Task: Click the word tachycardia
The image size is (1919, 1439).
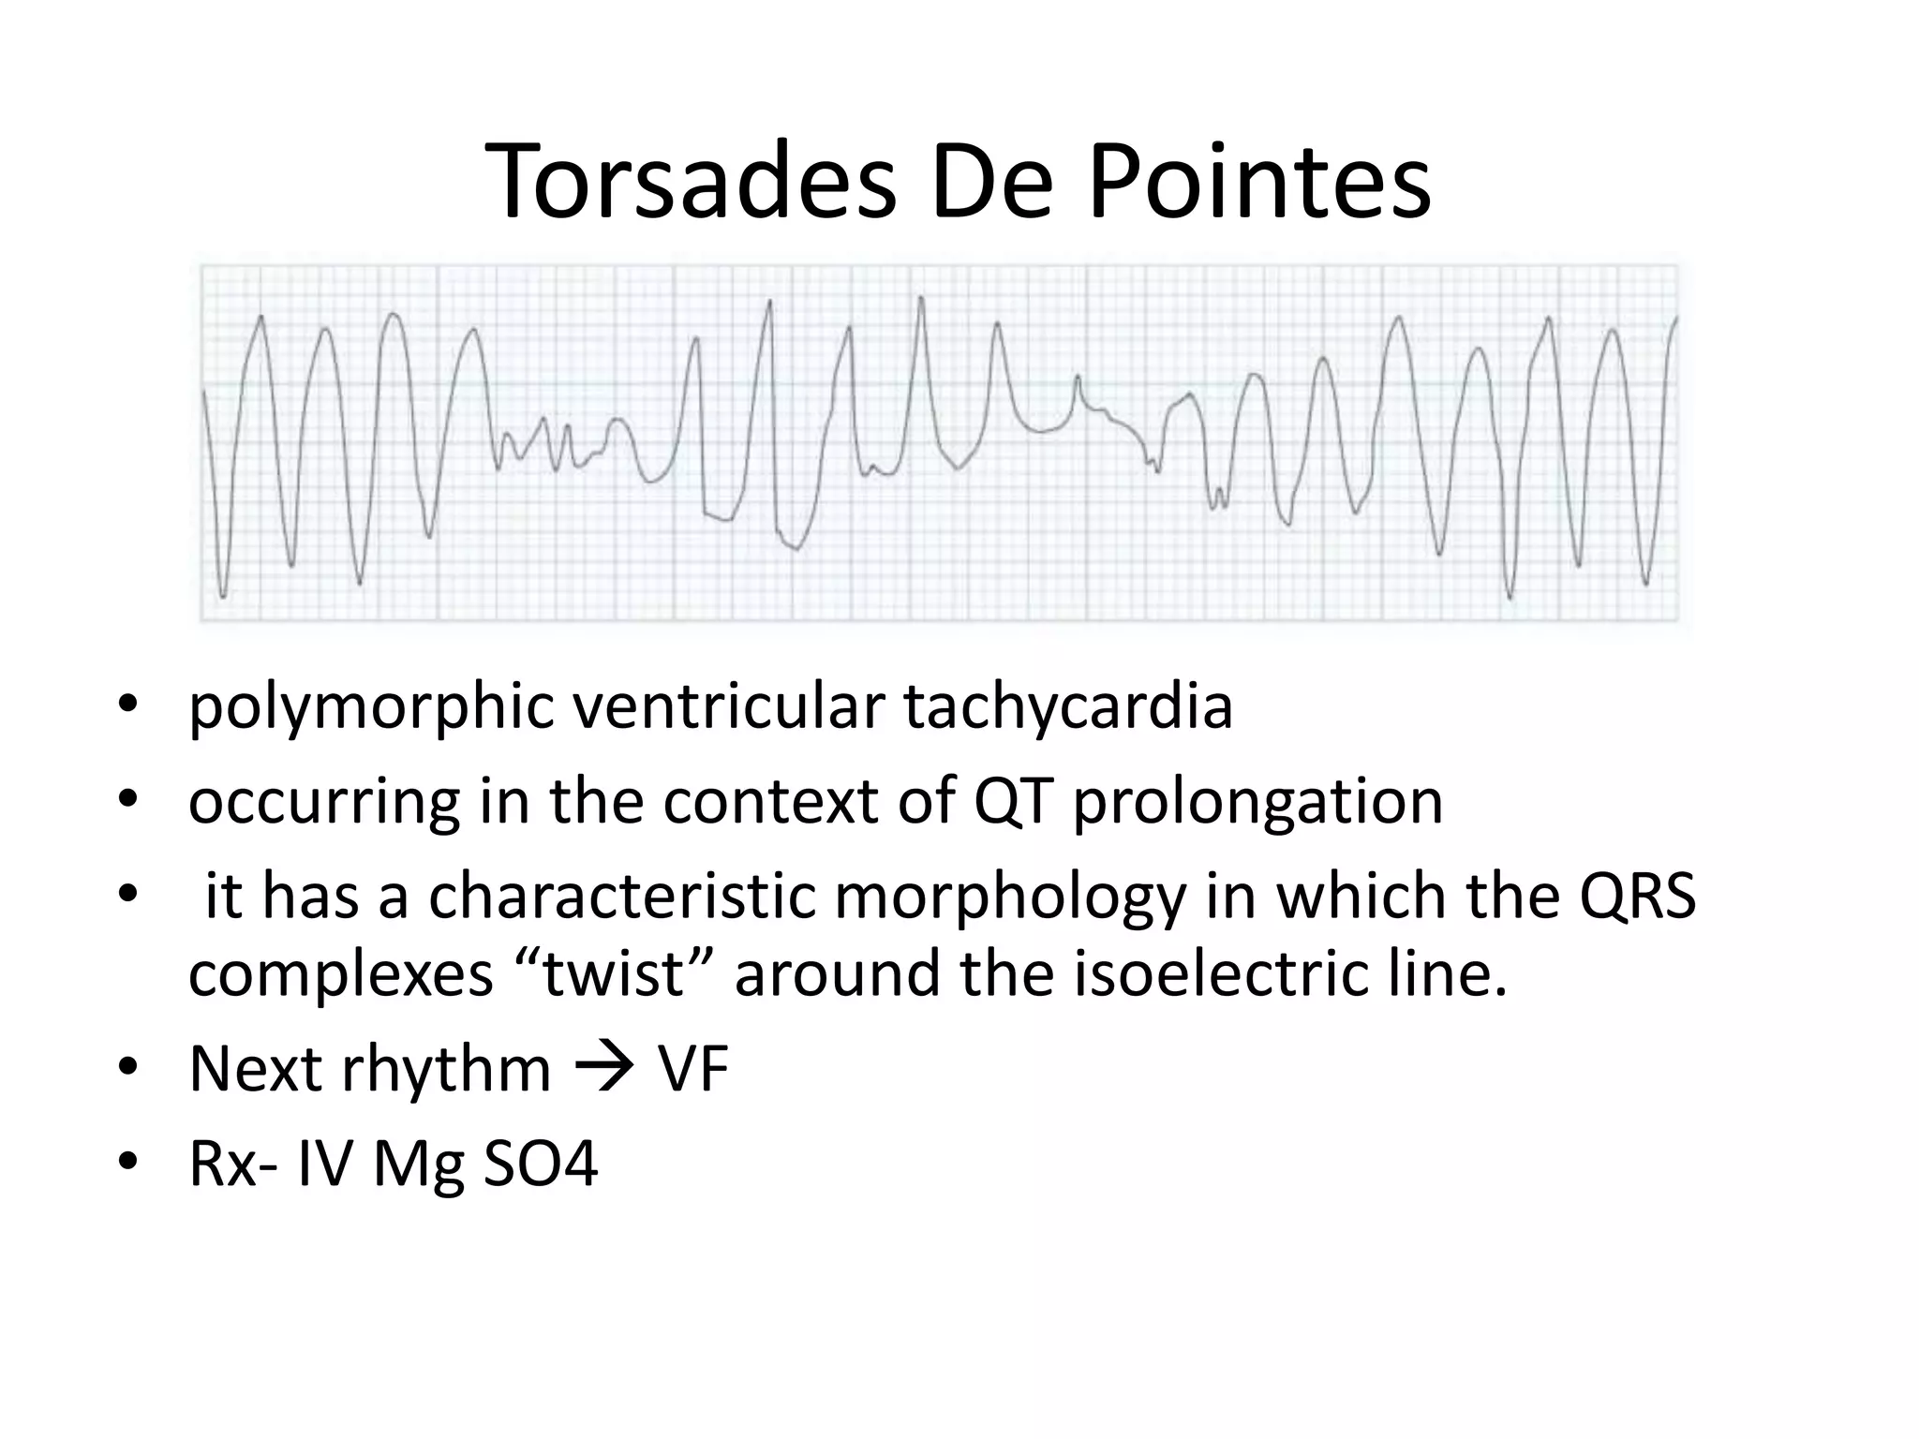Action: coord(1068,707)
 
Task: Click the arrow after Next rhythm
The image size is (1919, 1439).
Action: coord(603,1069)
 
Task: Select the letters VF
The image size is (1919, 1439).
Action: coord(692,1069)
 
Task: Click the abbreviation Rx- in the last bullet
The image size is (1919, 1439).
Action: coord(233,1165)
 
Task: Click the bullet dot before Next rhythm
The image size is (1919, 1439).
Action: coord(128,1069)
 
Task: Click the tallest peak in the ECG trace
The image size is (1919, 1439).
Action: coord(921,299)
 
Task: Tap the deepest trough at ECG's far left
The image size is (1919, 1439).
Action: coord(223,595)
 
